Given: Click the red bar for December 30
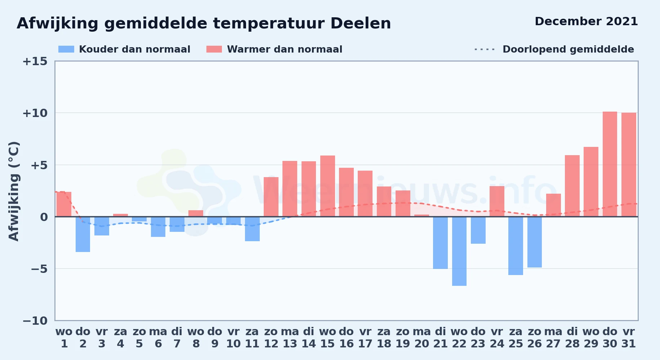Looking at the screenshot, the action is point(610,164).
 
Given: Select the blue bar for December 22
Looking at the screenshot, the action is point(459,251).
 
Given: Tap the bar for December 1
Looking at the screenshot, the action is point(64,204).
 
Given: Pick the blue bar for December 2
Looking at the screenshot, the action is point(83,234).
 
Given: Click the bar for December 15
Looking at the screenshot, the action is point(327,186).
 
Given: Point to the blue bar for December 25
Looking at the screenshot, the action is point(516,246).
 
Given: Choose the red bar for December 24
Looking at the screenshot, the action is point(497,201).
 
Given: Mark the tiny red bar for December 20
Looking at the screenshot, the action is point(422,216).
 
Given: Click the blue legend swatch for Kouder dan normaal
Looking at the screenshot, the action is point(66,49).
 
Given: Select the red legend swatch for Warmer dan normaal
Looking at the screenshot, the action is point(214,49).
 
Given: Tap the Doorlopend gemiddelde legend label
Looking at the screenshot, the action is point(568,49).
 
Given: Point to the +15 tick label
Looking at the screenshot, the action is point(35,61).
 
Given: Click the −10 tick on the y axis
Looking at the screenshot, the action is point(35,320).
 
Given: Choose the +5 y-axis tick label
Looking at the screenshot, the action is point(39,165).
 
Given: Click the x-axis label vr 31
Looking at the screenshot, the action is point(629,338).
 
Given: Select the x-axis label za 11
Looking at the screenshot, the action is point(252,338).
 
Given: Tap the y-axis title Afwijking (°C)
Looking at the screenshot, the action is point(14,191).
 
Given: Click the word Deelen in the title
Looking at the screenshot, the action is point(361,23).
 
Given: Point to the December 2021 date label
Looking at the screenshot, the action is point(586,21).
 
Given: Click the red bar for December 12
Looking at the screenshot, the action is point(271,197).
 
